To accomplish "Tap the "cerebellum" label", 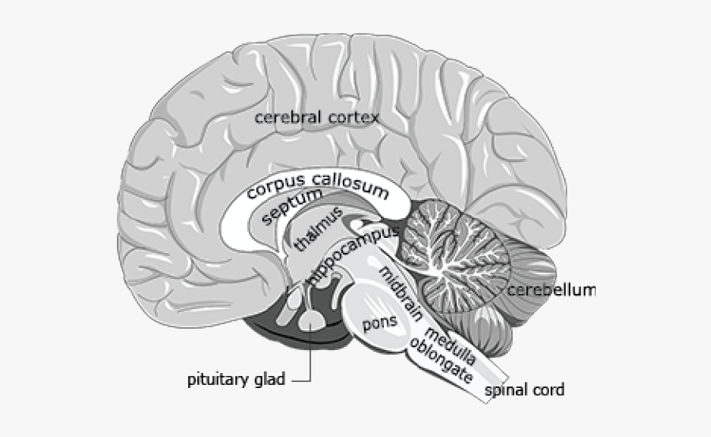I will click(551, 290).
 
